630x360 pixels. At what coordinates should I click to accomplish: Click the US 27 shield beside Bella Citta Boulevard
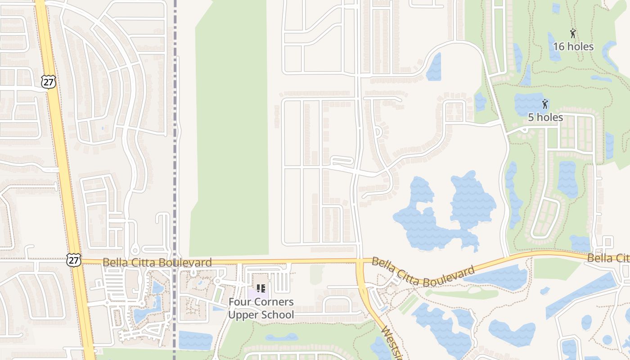(x=74, y=259)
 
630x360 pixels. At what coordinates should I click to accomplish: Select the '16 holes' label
(x=573, y=47)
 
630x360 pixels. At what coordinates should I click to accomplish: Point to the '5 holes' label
(x=545, y=117)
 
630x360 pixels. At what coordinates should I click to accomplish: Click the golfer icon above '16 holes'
(x=573, y=33)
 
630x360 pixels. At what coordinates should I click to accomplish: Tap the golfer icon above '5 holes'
(x=545, y=104)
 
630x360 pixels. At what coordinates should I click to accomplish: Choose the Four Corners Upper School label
(x=261, y=308)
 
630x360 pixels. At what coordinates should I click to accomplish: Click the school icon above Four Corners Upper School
(x=261, y=288)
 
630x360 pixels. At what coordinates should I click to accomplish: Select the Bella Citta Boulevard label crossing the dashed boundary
(x=157, y=262)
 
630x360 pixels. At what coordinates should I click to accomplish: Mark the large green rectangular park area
(x=229, y=130)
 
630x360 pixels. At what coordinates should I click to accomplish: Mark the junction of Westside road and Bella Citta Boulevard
(x=360, y=261)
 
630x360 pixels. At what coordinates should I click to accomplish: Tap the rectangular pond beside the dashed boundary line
(x=195, y=340)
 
